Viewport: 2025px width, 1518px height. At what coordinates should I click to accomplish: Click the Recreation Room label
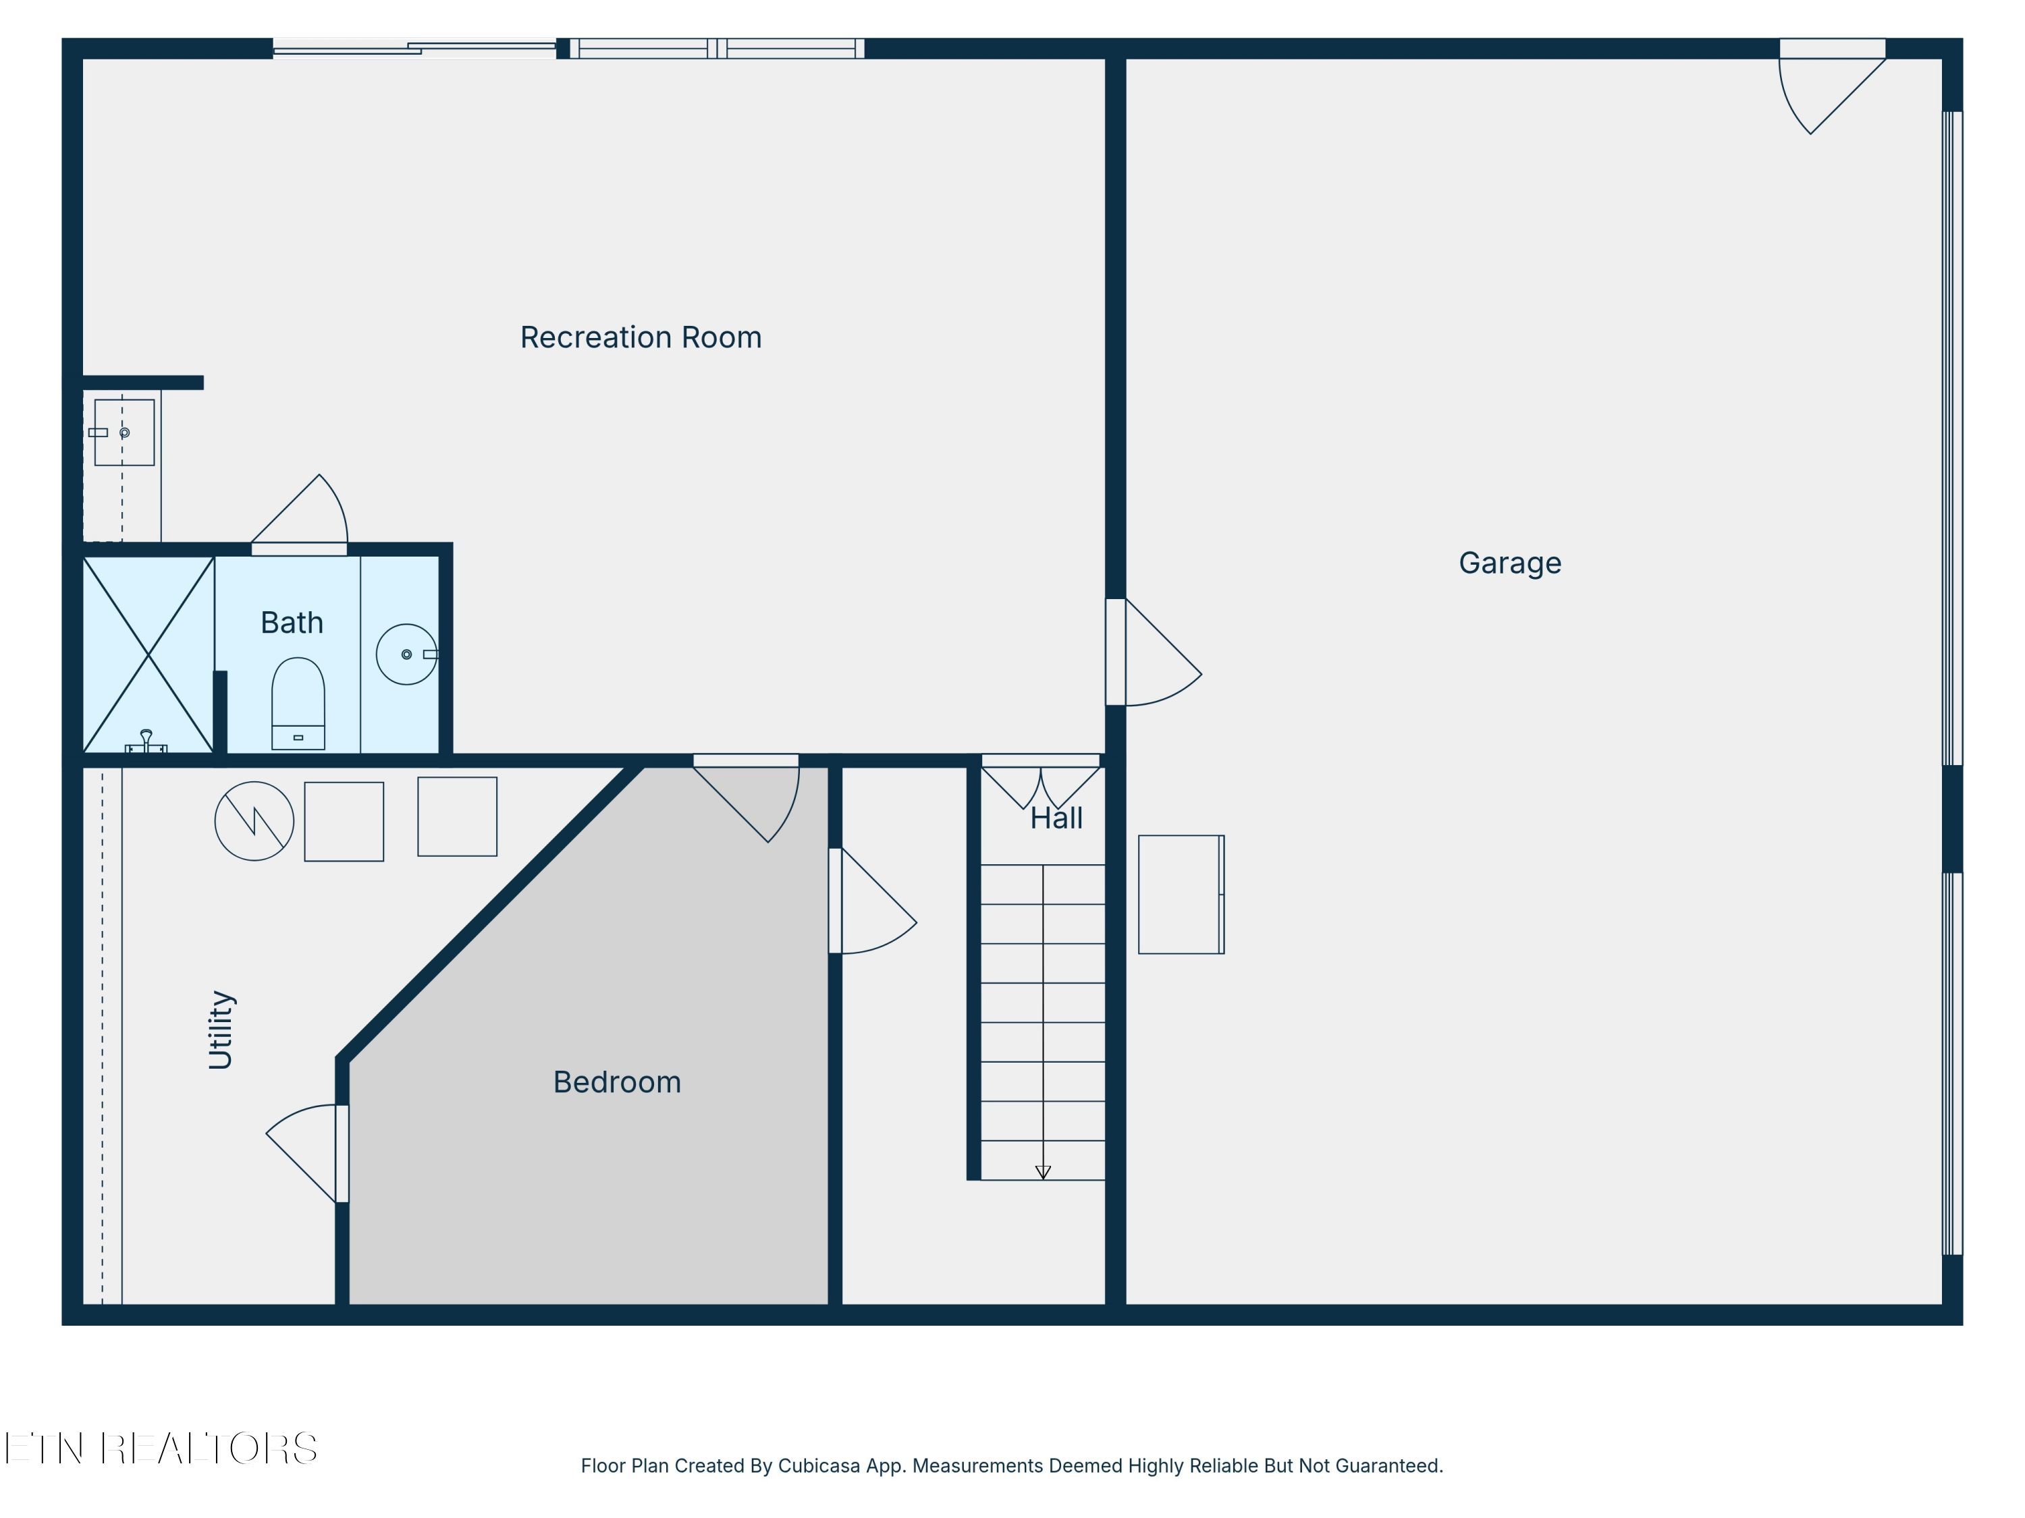pyautogui.click(x=641, y=337)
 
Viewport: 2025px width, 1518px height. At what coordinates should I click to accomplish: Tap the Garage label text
pyautogui.click(x=1509, y=563)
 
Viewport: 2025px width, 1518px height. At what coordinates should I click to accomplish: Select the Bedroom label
pyautogui.click(x=617, y=1082)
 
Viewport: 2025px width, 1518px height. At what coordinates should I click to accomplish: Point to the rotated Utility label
pyautogui.click(x=221, y=1030)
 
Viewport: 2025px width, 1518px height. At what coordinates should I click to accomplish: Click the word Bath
pyautogui.click(x=292, y=623)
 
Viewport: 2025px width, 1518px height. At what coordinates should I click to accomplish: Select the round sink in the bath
pyautogui.click(x=406, y=654)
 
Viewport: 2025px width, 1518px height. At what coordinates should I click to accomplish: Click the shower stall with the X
pyautogui.click(x=148, y=654)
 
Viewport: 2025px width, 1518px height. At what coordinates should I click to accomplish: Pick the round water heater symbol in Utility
pyautogui.click(x=254, y=821)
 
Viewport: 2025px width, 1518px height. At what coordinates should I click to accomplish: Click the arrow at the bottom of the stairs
pyautogui.click(x=1043, y=1172)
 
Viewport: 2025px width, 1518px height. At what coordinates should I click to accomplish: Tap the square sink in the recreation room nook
pyautogui.click(x=124, y=433)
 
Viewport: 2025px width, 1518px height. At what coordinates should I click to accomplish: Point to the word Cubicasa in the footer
pyautogui.click(x=819, y=1466)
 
